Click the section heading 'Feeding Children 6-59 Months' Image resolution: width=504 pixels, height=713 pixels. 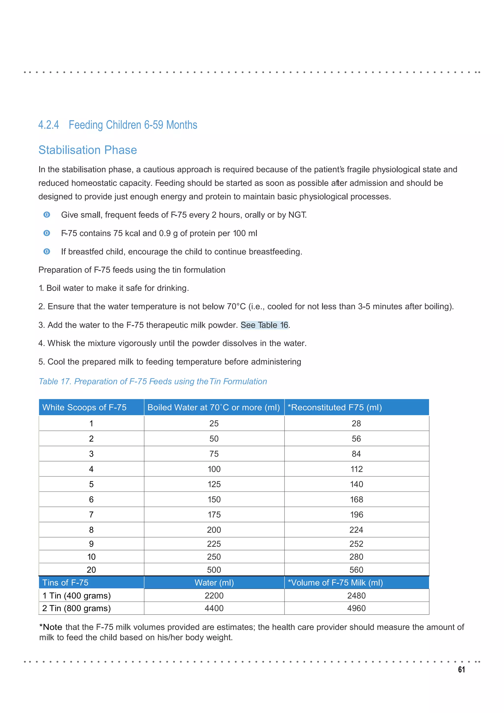click(x=133, y=125)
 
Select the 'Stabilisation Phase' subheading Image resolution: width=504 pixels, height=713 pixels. click(x=88, y=150)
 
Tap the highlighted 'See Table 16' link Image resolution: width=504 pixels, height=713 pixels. click(x=264, y=325)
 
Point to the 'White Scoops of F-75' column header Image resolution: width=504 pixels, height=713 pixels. click(x=84, y=407)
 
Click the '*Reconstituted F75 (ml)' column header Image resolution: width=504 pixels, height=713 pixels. click(x=335, y=407)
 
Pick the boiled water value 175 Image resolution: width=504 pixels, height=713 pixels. click(x=214, y=515)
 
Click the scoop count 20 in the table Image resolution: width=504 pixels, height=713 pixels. click(x=91, y=570)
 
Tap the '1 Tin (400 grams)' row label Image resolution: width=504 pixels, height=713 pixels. click(x=76, y=596)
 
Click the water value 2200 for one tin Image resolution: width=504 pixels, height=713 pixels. click(x=214, y=596)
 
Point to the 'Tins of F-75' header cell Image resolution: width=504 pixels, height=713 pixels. click(x=65, y=583)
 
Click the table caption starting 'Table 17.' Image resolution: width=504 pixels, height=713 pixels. click(x=153, y=381)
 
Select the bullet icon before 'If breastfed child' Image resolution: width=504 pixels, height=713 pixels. click(x=47, y=252)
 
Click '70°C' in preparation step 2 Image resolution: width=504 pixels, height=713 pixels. click(x=236, y=306)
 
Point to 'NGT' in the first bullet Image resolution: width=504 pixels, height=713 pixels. click(x=297, y=215)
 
